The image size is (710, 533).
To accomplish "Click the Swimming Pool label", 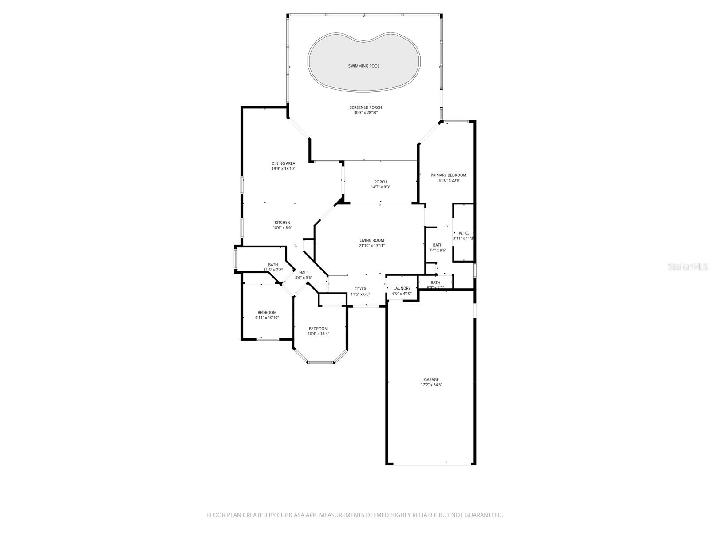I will pyautogui.click(x=363, y=66).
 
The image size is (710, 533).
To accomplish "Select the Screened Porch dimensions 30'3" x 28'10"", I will pyautogui.click(x=365, y=113).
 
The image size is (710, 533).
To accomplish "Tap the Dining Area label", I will pyautogui.click(x=283, y=163).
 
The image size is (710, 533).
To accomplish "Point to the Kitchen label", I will pyautogui.click(x=282, y=223).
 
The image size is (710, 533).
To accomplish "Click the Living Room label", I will pyautogui.click(x=371, y=240).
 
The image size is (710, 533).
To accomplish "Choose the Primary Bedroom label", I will pyautogui.click(x=448, y=175).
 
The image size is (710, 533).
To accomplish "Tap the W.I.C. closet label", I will pyautogui.click(x=463, y=233).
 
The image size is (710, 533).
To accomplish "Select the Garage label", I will pyautogui.click(x=431, y=380).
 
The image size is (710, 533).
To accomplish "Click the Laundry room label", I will pyautogui.click(x=402, y=288).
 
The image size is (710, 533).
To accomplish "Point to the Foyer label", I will pyautogui.click(x=360, y=289).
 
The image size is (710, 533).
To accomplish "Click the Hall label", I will pyautogui.click(x=304, y=273).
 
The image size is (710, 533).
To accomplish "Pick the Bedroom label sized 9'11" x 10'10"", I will pyautogui.click(x=267, y=312).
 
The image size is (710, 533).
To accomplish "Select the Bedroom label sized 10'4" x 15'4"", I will pyautogui.click(x=318, y=329).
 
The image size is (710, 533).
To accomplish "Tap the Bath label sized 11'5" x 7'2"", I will pyautogui.click(x=273, y=265).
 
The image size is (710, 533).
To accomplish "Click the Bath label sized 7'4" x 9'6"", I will pyautogui.click(x=438, y=245).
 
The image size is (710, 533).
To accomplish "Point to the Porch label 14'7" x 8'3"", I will pyautogui.click(x=380, y=182).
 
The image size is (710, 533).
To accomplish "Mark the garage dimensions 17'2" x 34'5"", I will pyautogui.click(x=431, y=385).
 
